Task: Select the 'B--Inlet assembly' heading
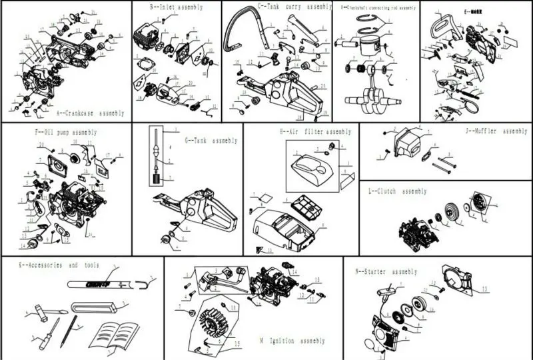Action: pyautogui.click(x=177, y=7)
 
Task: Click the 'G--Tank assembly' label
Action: pyautogui.click(x=211, y=141)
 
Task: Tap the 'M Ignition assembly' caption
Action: pyautogui.click(x=293, y=341)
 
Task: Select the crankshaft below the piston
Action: pyautogui.click(x=366, y=102)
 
